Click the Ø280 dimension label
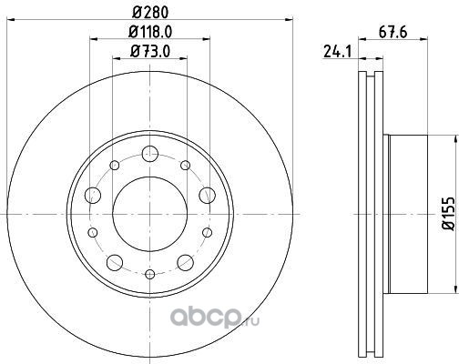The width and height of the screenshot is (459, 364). pos(150,12)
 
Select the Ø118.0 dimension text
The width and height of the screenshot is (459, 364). pos(150,31)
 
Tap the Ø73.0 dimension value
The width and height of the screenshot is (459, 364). pos(150,51)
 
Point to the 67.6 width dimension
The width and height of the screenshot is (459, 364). pos(393,32)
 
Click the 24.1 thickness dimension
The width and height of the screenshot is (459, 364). pos(337,51)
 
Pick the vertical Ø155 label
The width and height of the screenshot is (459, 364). pos(449,214)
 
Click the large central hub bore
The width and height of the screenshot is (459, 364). pos(150,214)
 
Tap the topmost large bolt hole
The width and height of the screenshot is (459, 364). pos(150,154)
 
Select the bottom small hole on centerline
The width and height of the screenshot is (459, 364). pos(150,275)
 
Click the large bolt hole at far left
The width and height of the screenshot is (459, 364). pos(93,195)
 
